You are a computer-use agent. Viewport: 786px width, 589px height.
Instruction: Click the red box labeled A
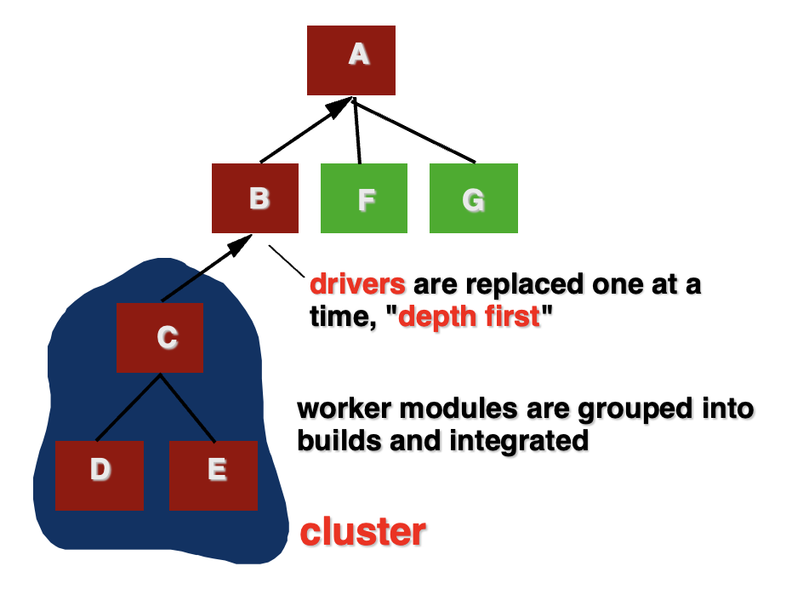[350, 60]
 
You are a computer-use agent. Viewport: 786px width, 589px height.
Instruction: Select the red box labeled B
[254, 198]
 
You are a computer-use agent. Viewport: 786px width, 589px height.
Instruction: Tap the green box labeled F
[364, 198]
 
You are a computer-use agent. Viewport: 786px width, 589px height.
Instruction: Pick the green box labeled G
[474, 198]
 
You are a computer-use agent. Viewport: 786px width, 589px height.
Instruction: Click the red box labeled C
[159, 338]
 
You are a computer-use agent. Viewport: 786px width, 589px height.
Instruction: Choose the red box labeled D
[100, 476]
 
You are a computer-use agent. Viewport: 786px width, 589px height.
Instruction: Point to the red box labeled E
[214, 476]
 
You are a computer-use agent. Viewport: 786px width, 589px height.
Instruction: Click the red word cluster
[363, 532]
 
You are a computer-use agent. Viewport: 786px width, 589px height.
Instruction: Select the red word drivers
[357, 284]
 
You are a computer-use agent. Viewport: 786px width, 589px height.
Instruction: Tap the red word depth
[437, 317]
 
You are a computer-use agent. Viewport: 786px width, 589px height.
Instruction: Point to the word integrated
[519, 442]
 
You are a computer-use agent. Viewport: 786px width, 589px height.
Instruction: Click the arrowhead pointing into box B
[238, 245]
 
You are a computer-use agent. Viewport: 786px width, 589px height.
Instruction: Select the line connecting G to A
[414, 131]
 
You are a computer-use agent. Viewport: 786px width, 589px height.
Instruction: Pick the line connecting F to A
[357, 131]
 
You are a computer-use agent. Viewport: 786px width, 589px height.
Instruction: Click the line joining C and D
[128, 408]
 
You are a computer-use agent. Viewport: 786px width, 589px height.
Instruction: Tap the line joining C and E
[188, 408]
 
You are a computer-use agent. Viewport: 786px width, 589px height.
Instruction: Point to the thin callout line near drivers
[287, 261]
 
